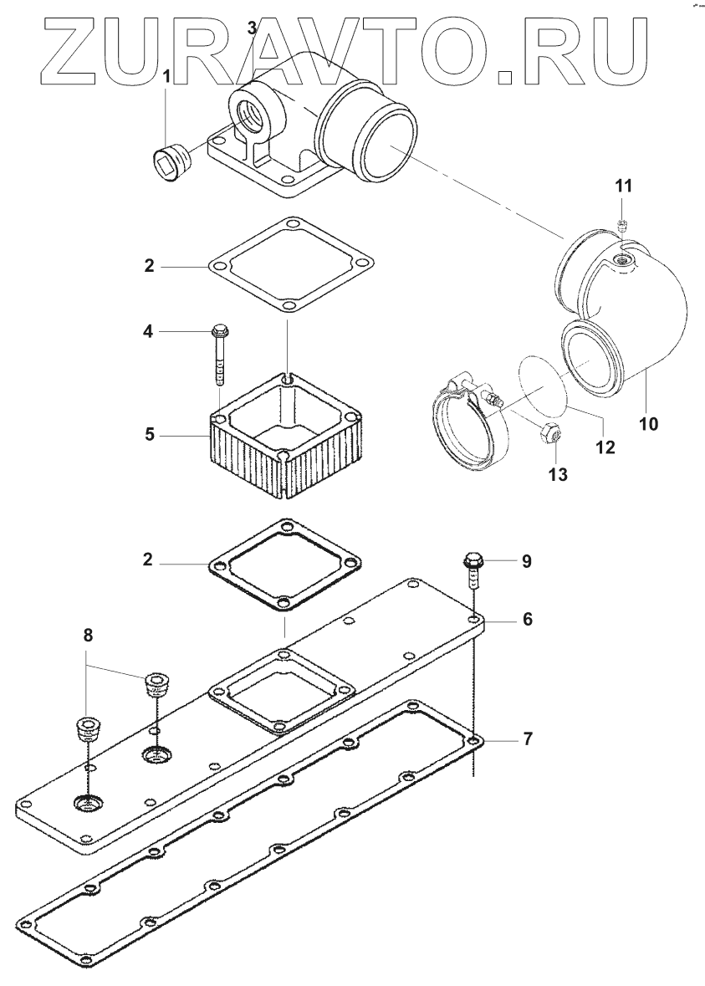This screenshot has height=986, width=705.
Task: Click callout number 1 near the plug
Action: [166, 76]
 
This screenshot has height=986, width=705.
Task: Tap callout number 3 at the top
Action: [252, 28]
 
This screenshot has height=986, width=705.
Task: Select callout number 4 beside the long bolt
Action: [147, 332]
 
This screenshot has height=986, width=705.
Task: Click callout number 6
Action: [527, 620]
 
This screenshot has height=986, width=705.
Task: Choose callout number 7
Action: [527, 738]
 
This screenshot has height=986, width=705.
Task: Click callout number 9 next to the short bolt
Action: [527, 560]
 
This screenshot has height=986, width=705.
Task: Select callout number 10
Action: [649, 423]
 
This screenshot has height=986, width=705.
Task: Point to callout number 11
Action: [624, 185]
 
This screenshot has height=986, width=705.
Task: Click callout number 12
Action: [605, 447]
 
